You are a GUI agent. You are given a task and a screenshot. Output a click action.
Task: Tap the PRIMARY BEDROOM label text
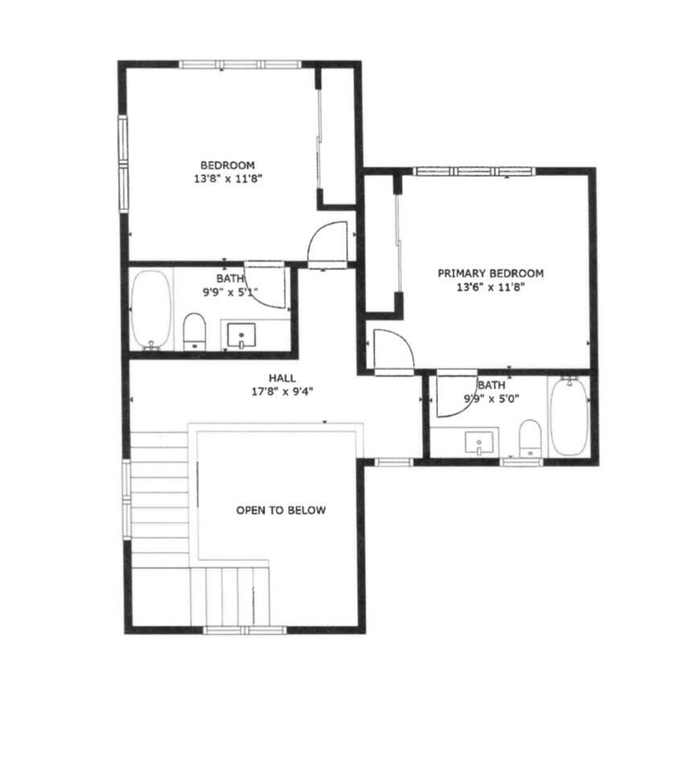tap(490, 274)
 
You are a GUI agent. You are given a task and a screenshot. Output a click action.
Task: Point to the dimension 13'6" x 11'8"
tap(490, 288)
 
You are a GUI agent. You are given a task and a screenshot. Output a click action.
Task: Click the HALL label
tap(281, 378)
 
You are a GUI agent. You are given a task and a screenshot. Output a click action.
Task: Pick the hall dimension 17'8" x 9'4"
tap(281, 392)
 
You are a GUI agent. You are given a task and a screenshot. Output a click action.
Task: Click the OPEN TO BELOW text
tap(281, 510)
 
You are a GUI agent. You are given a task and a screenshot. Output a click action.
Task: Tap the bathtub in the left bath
tap(151, 310)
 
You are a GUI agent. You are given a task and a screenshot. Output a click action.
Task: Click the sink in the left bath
tap(241, 336)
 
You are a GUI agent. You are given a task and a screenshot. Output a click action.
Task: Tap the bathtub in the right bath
tap(569, 416)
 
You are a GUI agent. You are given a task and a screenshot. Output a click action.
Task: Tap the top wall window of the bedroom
tap(240, 64)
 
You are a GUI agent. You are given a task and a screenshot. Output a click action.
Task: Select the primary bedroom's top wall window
tap(474, 171)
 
